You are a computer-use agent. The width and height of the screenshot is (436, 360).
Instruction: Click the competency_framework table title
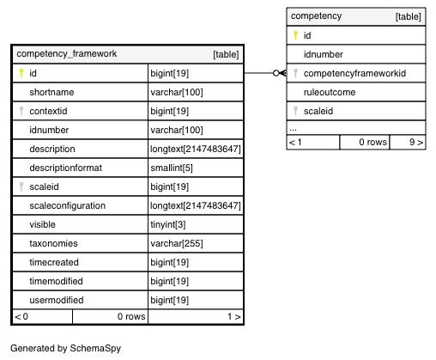(x=67, y=54)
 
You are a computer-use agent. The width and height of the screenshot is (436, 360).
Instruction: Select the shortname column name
(x=51, y=92)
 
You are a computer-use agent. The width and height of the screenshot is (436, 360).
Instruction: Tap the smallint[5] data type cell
(x=172, y=168)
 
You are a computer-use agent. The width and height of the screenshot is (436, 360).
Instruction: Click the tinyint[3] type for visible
(x=168, y=224)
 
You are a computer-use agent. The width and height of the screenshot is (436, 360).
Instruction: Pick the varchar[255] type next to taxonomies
(x=177, y=243)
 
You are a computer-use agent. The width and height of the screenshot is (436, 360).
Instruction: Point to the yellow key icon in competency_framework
(x=21, y=73)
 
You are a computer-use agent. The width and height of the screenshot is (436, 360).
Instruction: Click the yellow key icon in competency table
(x=295, y=35)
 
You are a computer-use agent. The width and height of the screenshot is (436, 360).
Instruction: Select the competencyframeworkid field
(x=354, y=73)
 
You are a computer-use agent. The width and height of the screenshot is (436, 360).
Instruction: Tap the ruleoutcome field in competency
(x=330, y=92)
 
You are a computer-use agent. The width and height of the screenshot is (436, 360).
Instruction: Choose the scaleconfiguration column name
(x=68, y=205)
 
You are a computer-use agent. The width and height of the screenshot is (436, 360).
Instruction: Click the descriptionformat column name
(x=66, y=168)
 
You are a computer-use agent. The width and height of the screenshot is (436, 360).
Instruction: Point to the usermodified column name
(x=57, y=300)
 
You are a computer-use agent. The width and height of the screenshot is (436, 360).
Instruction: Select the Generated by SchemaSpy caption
(x=66, y=348)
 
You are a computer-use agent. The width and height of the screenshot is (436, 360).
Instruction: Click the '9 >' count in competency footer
(x=416, y=142)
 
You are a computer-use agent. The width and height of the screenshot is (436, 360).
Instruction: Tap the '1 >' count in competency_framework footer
(x=234, y=316)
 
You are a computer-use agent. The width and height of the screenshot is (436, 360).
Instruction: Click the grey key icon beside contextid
(x=21, y=111)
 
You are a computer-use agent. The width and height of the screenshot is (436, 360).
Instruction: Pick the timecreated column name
(x=54, y=262)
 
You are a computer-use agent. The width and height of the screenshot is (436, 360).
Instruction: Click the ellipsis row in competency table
(x=293, y=130)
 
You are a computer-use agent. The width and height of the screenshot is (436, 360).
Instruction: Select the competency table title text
(x=316, y=16)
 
